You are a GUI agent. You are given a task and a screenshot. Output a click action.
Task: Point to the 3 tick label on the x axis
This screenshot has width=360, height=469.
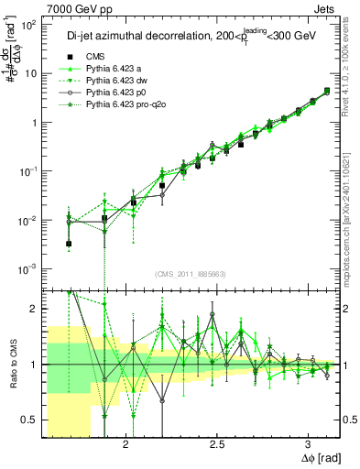click(x=301, y=442)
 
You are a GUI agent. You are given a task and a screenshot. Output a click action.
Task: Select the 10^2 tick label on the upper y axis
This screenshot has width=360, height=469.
click(x=28, y=24)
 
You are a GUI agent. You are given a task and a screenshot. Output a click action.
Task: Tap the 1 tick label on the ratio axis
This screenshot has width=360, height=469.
click(x=35, y=365)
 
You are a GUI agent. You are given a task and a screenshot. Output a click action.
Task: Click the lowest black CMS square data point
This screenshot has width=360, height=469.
click(x=70, y=244)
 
